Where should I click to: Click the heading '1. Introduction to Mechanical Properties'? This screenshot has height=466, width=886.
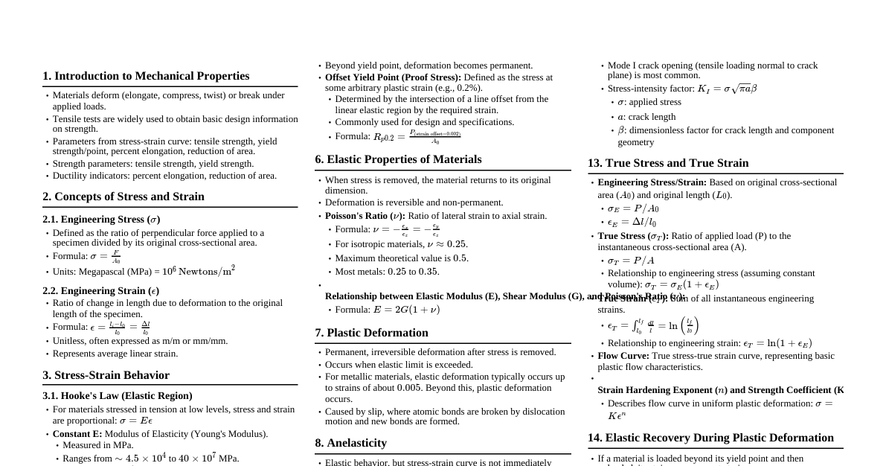pyautogui.click(x=146, y=76)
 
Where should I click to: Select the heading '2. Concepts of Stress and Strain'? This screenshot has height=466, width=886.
pyautogui.click(x=123, y=197)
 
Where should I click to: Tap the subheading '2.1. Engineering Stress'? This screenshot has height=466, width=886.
pyautogui.click(x=101, y=220)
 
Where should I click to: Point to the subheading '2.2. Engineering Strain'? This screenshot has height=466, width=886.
pyautogui.click(x=100, y=291)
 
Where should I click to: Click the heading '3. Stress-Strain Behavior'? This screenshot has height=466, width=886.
pyautogui.click(x=106, y=375)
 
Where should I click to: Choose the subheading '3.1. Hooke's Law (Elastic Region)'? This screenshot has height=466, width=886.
pyautogui.click(x=118, y=396)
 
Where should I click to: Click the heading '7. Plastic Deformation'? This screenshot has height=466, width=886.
pyautogui.click(x=371, y=333)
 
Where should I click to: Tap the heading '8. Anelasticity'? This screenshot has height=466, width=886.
pyautogui.click(x=350, y=443)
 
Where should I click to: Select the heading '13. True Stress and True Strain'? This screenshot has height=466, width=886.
pyautogui.click(x=668, y=163)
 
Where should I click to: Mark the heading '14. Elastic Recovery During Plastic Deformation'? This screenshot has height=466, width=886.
pyautogui.click(x=710, y=438)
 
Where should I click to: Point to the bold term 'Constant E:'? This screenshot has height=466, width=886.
pyautogui.click(x=77, y=434)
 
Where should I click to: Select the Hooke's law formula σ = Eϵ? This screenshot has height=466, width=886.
pyautogui.click(x=136, y=421)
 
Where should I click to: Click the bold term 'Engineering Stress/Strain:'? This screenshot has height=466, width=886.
pyautogui.click(x=652, y=182)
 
